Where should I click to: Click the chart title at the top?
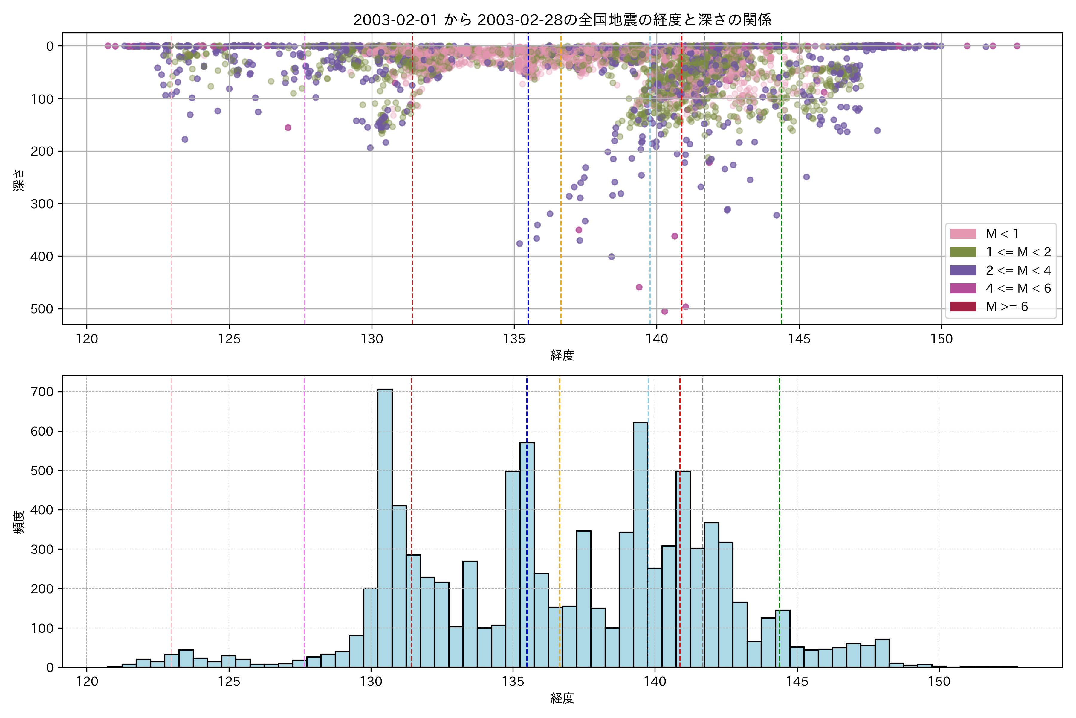click(x=562, y=20)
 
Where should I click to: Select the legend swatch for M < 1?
click(x=963, y=234)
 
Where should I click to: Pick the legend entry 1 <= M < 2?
click(x=1018, y=252)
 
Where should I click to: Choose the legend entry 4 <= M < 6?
click(x=1018, y=288)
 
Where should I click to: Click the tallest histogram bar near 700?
click(x=385, y=527)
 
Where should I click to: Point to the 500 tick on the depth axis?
click(x=42, y=309)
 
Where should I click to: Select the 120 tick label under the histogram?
click(x=87, y=682)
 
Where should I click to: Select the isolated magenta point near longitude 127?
click(x=288, y=128)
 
